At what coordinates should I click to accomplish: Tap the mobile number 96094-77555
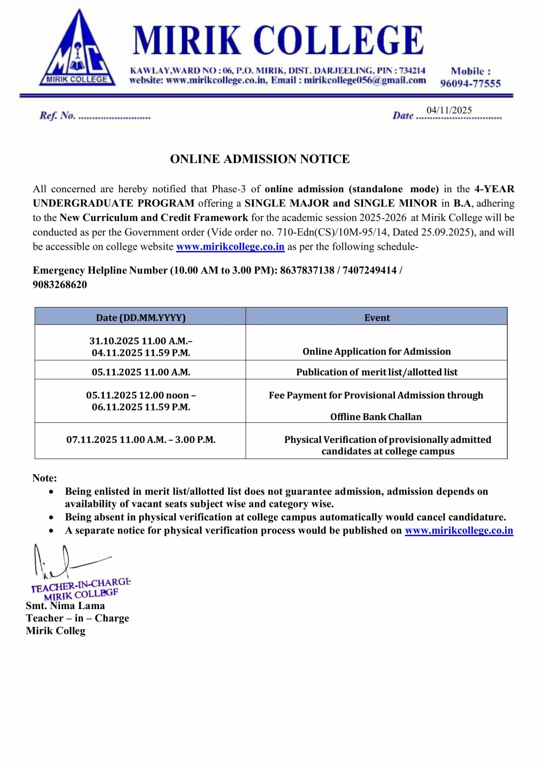(470, 83)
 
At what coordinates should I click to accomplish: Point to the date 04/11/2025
(449, 110)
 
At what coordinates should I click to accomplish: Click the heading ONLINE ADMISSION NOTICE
(260, 159)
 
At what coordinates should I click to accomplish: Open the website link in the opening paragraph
(230, 247)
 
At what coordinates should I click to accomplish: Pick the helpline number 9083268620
(60, 285)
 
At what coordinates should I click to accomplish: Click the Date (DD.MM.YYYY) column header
(141, 318)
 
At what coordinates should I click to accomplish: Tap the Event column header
(377, 318)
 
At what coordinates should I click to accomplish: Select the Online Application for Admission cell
(377, 351)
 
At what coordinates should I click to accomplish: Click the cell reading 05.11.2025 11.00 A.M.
(141, 372)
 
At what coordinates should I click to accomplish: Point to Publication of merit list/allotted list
(377, 372)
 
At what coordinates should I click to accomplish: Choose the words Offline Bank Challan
(376, 417)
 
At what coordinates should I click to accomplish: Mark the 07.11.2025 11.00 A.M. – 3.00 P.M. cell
(141, 440)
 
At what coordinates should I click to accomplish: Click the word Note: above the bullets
(44, 478)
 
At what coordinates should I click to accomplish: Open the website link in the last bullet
(459, 531)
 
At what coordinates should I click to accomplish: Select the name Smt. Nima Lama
(65, 606)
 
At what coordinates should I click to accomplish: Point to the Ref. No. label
(57, 115)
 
